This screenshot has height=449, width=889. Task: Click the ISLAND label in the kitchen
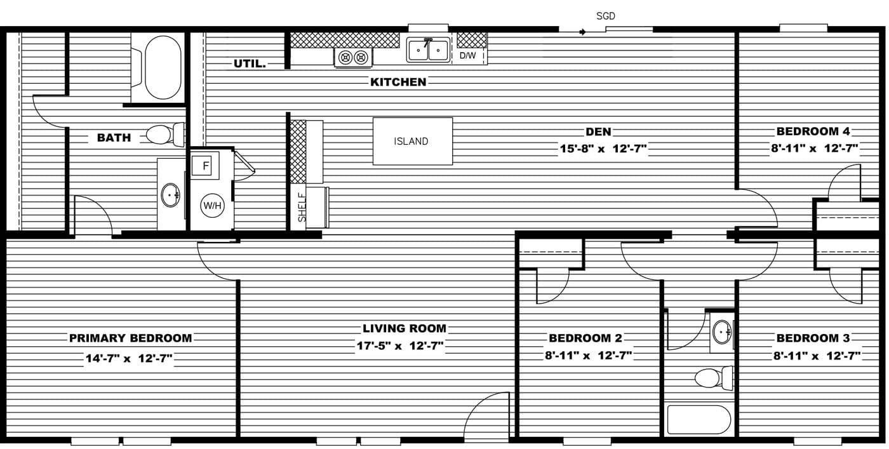click(411, 142)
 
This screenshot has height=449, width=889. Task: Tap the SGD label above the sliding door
click(605, 16)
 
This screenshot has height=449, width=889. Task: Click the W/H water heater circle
click(211, 205)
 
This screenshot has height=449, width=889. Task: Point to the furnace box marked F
click(205, 166)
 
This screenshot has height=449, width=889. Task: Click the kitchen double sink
click(428, 50)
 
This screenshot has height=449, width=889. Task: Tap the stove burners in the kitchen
click(353, 58)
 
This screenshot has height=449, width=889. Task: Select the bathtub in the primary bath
click(163, 67)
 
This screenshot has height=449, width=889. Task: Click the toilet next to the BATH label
click(164, 135)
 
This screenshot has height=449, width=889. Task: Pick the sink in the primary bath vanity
click(170, 195)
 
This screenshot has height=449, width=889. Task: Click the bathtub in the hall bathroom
click(698, 419)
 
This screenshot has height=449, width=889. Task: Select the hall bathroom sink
click(722, 332)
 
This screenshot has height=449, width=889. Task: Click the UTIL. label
click(250, 64)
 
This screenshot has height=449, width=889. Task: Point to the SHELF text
click(302, 207)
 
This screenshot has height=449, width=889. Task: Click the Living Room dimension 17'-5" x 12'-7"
click(399, 347)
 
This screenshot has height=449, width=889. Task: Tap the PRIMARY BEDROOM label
click(130, 338)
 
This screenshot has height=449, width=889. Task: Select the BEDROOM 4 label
click(813, 131)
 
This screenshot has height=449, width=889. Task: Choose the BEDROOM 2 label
click(585, 338)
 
